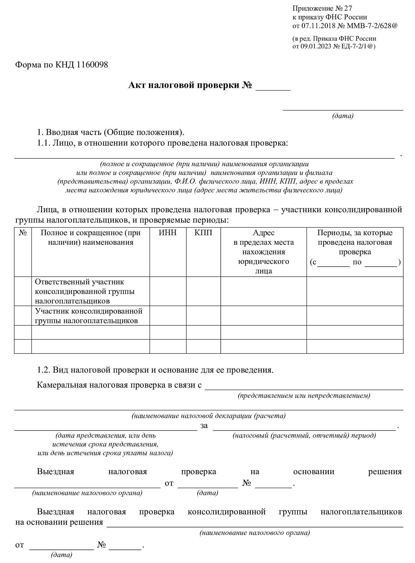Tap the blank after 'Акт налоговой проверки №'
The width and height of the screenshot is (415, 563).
click(x=273, y=87)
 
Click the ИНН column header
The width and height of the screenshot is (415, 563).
click(x=168, y=233)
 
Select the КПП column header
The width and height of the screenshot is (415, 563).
click(x=203, y=233)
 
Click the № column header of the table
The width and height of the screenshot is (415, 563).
click(x=23, y=233)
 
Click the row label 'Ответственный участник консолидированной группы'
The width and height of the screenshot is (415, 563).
click(x=85, y=291)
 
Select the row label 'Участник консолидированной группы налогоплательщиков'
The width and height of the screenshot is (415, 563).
click(x=89, y=316)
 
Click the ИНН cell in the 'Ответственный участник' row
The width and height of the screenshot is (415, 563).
click(x=168, y=291)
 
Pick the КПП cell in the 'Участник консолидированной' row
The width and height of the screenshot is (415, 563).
click(x=203, y=316)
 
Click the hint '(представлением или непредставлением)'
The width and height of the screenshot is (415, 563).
click(x=304, y=396)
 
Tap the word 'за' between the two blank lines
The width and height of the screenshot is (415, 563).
click(x=204, y=426)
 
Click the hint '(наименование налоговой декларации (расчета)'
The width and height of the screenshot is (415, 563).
click(x=209, y=416)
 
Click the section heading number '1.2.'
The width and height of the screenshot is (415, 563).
click(x=44, y=370)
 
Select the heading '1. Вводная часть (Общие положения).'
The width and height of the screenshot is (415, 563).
click(x=111, y=132)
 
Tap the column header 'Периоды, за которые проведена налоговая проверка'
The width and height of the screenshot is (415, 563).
click(x=355, y=242)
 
